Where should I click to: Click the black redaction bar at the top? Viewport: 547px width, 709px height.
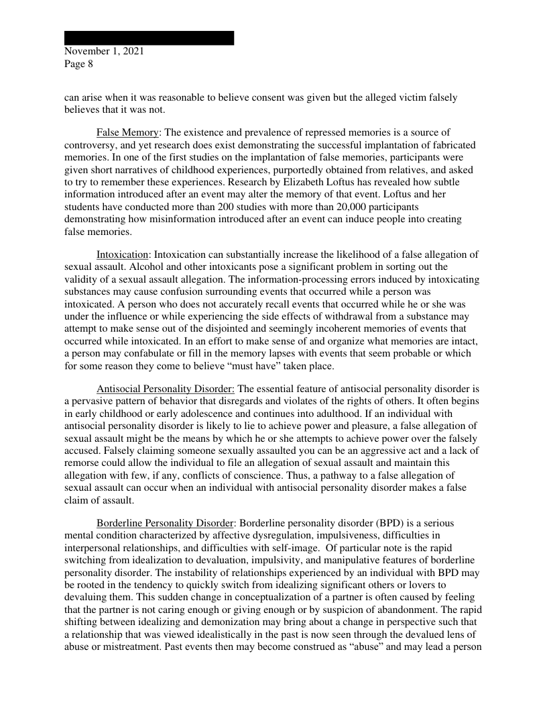pos(149,38)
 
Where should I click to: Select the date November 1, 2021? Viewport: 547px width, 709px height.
pos(104,51)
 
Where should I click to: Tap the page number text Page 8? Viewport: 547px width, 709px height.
pos(78,64)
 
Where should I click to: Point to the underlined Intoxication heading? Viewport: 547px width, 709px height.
pos(123,254)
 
